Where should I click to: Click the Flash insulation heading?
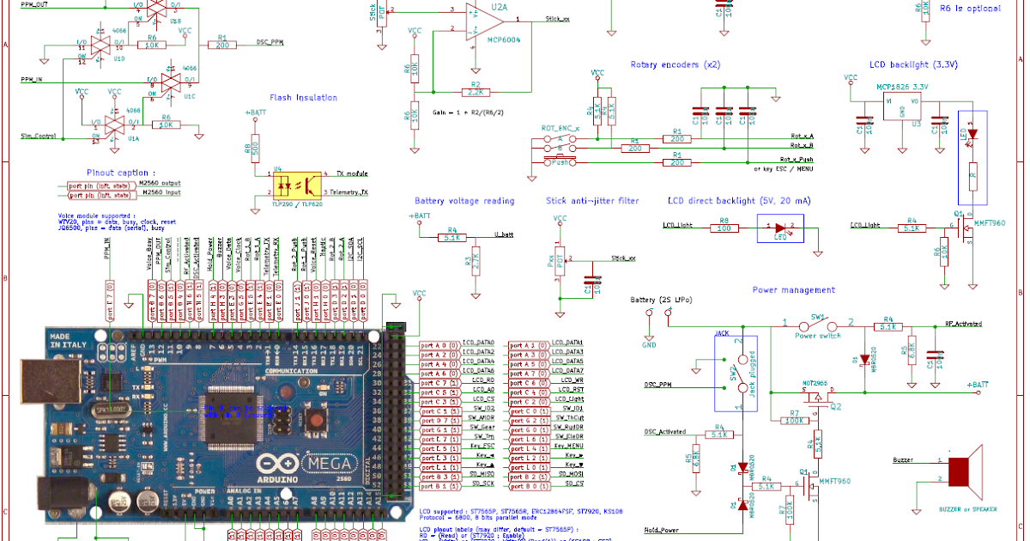click(x=304, y=98)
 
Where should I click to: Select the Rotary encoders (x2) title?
click(x=676, y=65)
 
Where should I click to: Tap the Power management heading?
click(x=793, y=290)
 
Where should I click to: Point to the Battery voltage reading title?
click(x=464, y=201)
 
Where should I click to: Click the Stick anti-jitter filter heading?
click(x=592, y=201)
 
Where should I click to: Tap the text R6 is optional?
click(x=969, y=8)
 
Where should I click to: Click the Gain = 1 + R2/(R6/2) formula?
click(x=469, y=112)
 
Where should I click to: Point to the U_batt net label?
click(x=504, y=234)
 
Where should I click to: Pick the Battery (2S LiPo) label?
click(x=661, y=300)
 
